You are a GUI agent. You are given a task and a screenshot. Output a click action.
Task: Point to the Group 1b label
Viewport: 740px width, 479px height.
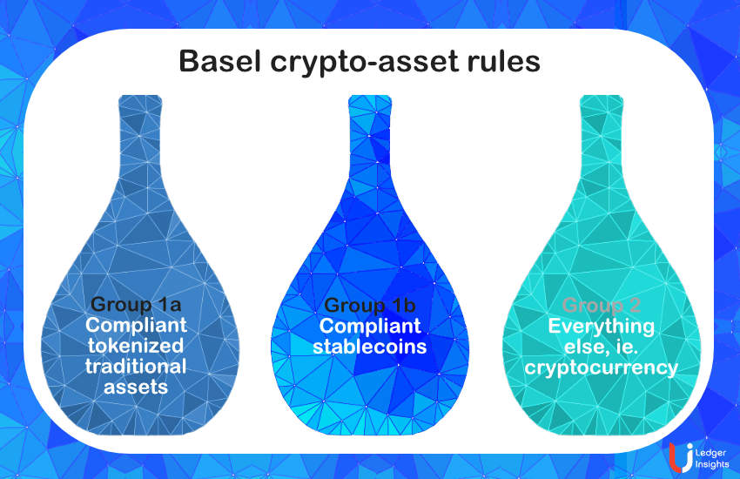click(x=370, y=306)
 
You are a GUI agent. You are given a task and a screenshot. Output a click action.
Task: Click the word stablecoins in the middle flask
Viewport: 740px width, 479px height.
click(x=370, y=346)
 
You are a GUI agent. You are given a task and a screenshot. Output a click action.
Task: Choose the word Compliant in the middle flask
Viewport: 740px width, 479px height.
click(x=370, y=326)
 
